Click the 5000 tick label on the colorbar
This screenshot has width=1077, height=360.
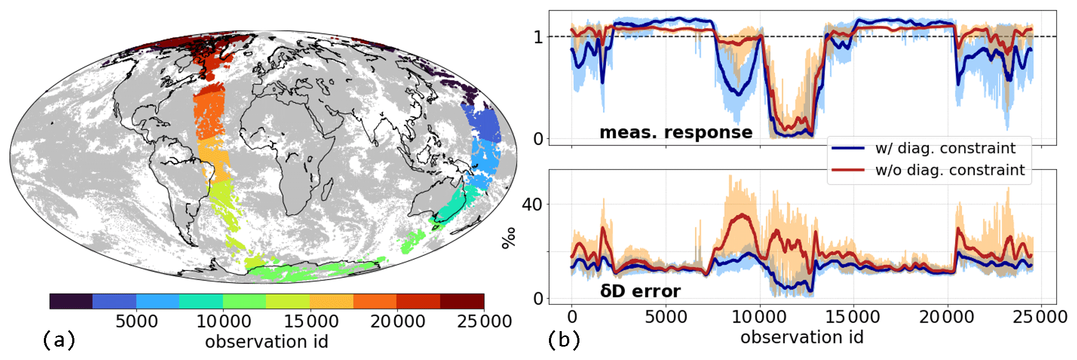pos(136,321)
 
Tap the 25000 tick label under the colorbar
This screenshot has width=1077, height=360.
pos(484,321)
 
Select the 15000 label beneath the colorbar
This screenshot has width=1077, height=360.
pos(311,321)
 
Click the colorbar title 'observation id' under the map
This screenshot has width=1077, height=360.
pos(266,342)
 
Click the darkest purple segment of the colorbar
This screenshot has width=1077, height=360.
pos(71,301)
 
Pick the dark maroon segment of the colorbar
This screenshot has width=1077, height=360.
pos(462,301)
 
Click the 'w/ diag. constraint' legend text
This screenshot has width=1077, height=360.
pos(945,148)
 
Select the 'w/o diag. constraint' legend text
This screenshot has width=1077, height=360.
pos(950,170)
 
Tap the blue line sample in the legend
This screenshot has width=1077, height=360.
pos(848,148)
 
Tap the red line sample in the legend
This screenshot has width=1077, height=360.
pos(848,170)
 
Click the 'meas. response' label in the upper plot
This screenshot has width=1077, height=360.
pos(676,132)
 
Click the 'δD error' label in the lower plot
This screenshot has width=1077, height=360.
pos(640,291)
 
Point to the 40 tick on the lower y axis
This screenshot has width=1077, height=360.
pos(532,204)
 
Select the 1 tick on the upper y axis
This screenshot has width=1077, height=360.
pos(538,37)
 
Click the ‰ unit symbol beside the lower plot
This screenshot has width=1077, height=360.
pos(509,238)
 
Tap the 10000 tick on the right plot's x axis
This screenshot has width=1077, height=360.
pos(759,317)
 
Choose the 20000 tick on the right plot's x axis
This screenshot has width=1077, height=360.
pos(946,317)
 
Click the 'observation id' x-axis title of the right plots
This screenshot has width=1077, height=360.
pos(801,338)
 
